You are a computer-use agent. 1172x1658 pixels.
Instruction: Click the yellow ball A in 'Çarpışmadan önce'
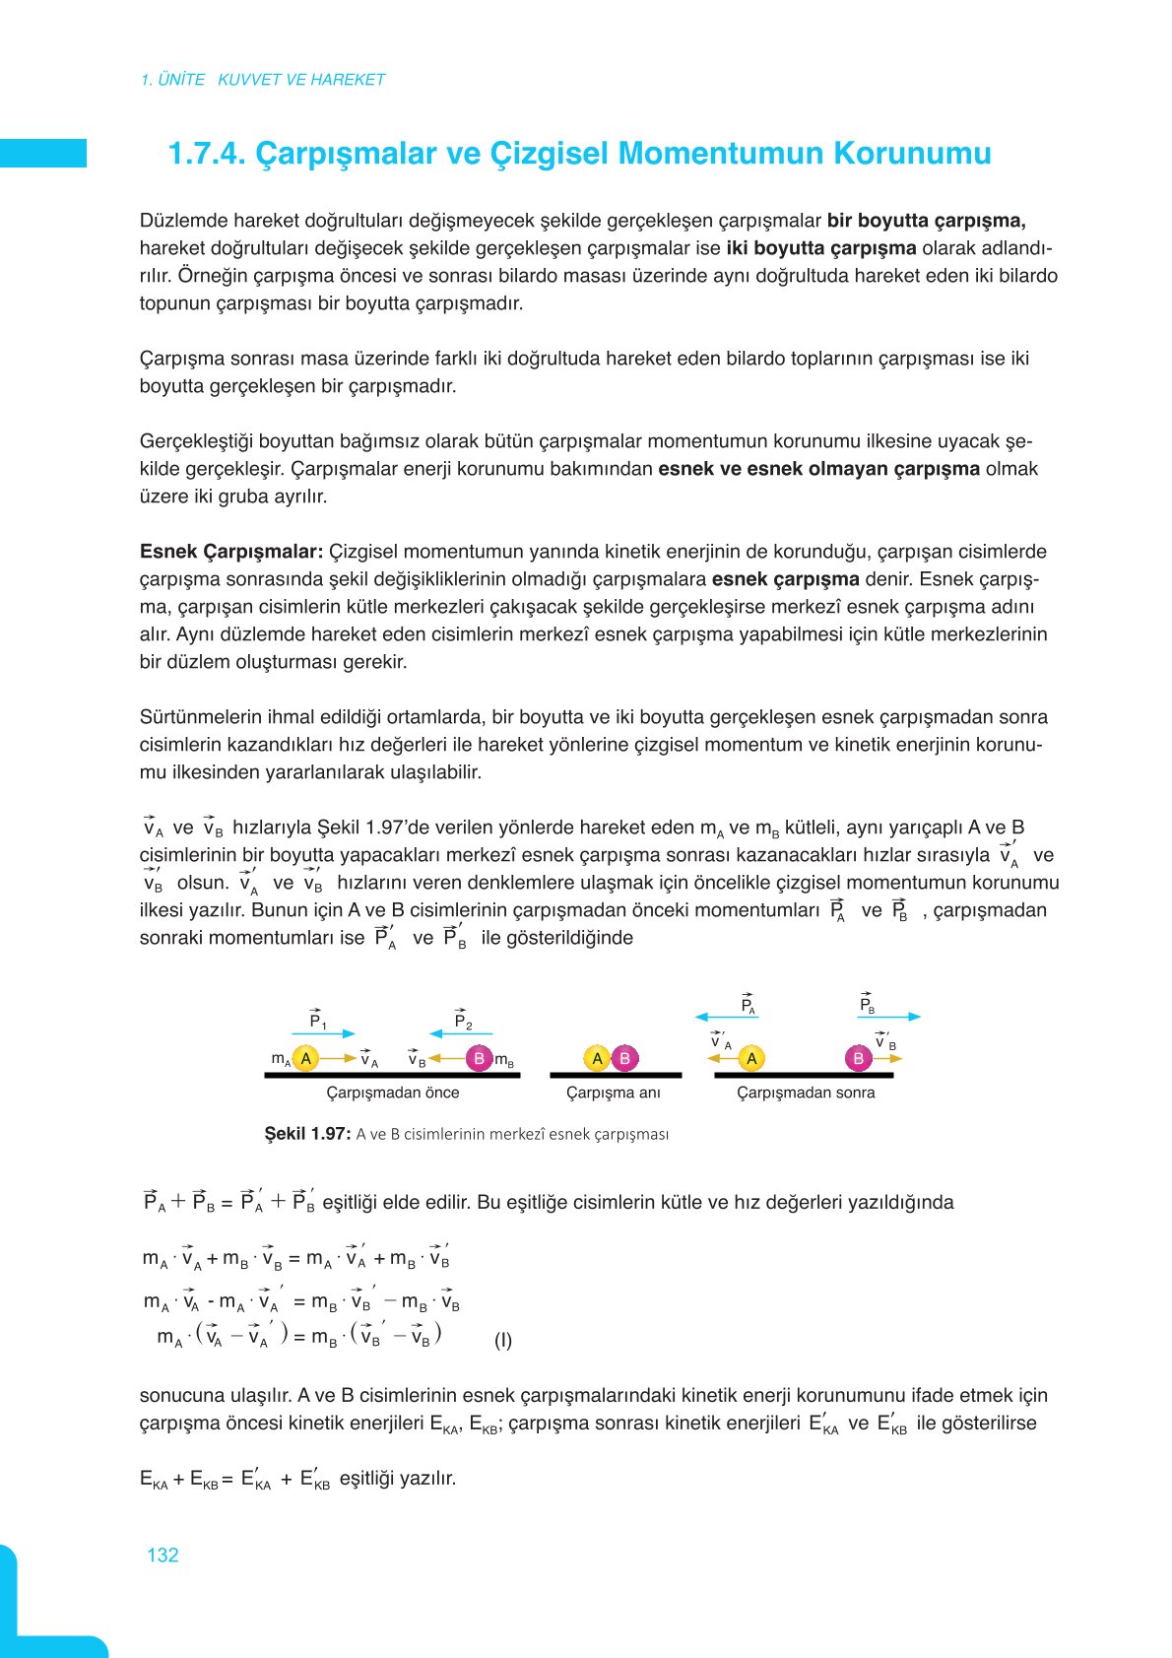(x=305, y=1058)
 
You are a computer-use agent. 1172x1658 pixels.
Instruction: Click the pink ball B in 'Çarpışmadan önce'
(x=479, y=1058)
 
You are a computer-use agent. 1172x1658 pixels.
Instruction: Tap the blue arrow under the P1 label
(x=322, y=1033)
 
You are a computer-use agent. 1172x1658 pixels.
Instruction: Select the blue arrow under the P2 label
(x=460, y=1033)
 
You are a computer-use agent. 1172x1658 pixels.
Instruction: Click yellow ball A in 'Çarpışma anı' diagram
(x=597, y=1058)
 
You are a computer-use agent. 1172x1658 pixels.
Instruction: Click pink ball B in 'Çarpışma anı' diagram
(x=624, y=1058)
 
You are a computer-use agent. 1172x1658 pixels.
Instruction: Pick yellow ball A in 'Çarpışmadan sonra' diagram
(x=751, y=1058)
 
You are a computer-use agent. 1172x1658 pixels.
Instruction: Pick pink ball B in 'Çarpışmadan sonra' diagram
(x=858, y=1058)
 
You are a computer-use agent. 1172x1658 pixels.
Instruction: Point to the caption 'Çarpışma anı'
(x=613, y=1093)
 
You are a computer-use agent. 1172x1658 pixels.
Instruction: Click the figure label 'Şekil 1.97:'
(x=307, y=1134)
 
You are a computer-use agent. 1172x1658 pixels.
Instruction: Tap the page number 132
(x=163, y=1555)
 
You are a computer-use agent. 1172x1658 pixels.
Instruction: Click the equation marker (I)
(x=503, y=1340)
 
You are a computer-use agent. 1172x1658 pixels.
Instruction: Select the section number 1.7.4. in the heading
(x=206, y=154)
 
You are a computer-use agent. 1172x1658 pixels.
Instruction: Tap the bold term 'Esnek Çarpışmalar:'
(x=231, y=552)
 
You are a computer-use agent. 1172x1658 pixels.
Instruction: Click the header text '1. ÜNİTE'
(x=172, y=80)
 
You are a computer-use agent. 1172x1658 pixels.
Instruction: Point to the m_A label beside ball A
(x=281, y=1059)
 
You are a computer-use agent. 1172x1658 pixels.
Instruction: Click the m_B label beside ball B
(x=504, y=1060)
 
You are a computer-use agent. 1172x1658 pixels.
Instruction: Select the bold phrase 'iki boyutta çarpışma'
(x=821, y=248)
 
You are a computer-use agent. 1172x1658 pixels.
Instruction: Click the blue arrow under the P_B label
(x=888, y=1016)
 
